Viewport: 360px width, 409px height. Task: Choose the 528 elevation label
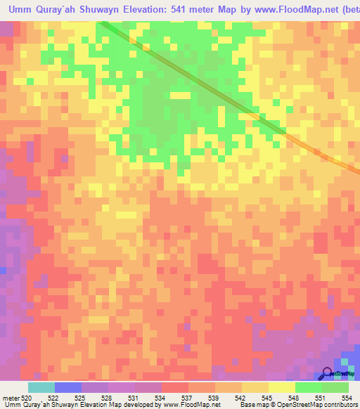(x=108, y=398)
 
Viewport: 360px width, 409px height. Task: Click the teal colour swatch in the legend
(x=41, y=387)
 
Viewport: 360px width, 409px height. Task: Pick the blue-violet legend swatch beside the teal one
(x=67, y=387)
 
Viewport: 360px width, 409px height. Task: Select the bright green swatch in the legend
(x=308, y=387)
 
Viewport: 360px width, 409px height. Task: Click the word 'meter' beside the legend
(x=11, y=398)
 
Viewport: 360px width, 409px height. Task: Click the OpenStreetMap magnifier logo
(x=328, y=373)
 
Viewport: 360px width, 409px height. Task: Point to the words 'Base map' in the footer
(x=252, y=405)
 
